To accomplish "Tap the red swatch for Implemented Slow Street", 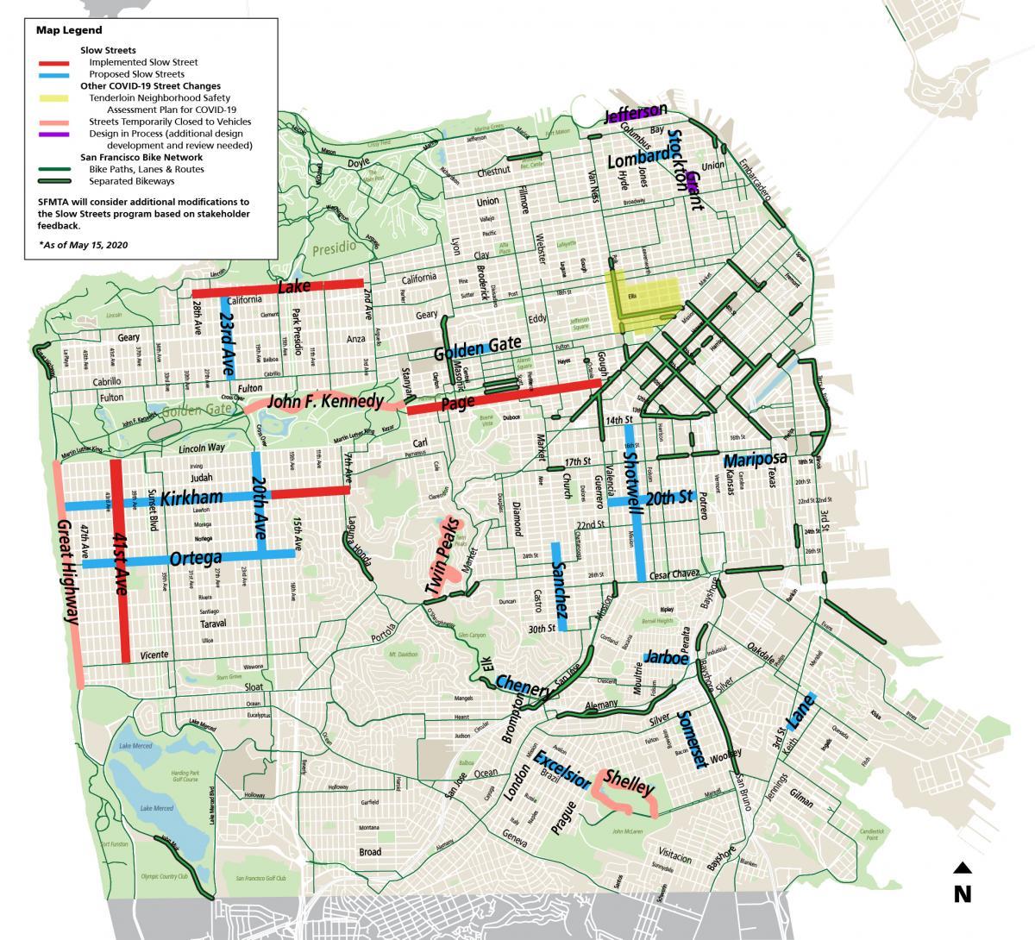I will pos(58,63).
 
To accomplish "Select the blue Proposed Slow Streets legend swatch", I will pos(58,75).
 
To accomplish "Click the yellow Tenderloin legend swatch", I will pos(58,98).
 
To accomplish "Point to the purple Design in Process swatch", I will pos(58,135).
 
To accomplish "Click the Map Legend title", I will pos(69,30).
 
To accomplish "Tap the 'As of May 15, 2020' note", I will pos(83,245).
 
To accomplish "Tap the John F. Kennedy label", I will pos(325,402).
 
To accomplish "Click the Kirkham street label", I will pos(191,498).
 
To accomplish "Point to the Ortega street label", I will pos(196,558).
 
